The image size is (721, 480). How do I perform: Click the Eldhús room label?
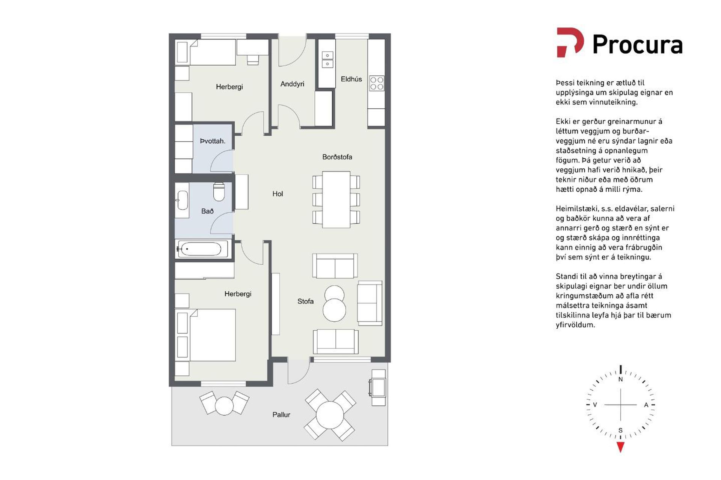351,79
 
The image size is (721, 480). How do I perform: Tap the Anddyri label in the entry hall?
292,84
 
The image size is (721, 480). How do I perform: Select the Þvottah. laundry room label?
213,141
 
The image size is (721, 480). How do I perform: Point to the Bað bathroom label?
207,211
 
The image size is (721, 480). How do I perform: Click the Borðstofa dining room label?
337,157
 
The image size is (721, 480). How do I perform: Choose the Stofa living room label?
305,301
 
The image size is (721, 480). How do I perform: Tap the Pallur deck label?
281,414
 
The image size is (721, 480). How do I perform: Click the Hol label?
278,194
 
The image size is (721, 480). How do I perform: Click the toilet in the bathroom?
219,192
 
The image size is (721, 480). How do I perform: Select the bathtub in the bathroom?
203,249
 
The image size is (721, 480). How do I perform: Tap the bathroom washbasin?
183,200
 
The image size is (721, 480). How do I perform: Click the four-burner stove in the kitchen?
377,83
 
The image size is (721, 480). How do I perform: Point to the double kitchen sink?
327,60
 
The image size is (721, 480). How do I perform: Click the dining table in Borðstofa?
336,199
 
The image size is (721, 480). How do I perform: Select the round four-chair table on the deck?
330,415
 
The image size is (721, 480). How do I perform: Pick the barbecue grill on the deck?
377,387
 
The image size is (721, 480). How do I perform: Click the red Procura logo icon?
570,42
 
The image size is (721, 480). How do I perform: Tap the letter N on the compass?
620,379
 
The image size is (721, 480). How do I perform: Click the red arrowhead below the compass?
620,447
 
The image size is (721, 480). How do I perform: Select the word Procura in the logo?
637,45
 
